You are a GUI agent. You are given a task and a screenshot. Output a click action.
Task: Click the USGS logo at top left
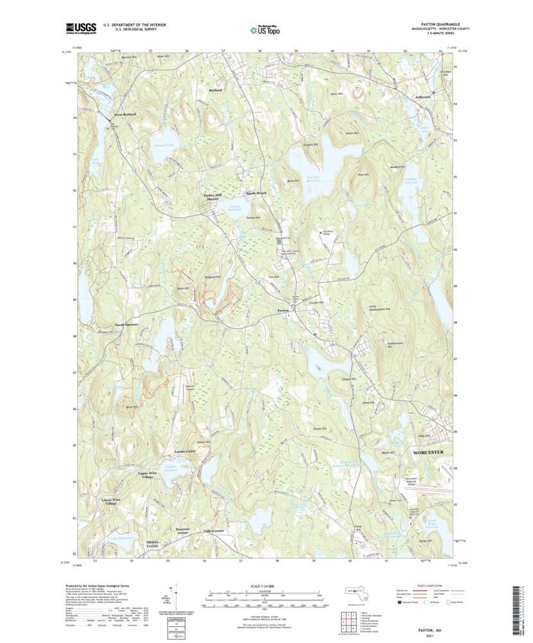[80, 28]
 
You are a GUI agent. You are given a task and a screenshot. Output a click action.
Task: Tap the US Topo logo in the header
[265, 29]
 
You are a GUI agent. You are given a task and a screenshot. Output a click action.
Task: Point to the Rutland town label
[215, 91]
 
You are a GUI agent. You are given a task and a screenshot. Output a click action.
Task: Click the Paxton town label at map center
[283, 310]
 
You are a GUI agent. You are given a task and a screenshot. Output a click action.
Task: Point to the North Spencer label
[127, 325]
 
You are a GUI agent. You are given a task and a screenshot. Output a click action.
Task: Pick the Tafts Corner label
[214, 531]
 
